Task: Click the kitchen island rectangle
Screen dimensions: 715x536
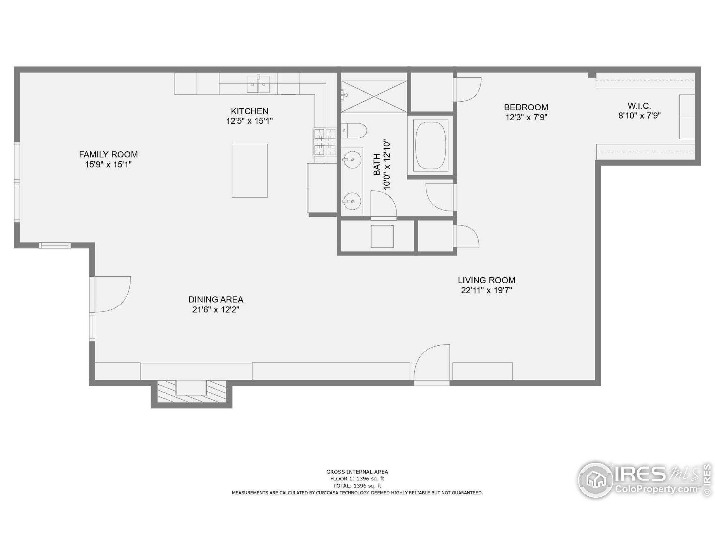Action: tap(249, 171)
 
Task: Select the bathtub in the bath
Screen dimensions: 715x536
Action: tap(431, 146)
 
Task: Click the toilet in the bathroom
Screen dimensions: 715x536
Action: tap(354, 131)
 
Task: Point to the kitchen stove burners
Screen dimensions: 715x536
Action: tap(325, 142)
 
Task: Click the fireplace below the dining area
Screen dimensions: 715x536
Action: tap(191, 391)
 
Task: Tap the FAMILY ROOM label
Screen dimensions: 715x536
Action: tap(108, 154)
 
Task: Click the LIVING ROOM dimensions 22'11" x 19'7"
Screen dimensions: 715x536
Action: tap(487, 290)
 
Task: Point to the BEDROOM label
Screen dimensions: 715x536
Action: tap(526, 107)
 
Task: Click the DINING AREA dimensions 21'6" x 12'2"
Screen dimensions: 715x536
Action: tap(216, 310)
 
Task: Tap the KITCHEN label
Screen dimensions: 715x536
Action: tap(249, 111)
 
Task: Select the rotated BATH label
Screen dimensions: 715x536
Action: tap(377, 164)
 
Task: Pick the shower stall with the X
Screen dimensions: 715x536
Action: tap(374, 96)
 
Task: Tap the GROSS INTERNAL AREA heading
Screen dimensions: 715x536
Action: tap(357, 472)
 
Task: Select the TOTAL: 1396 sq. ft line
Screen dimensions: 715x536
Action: tap(357, 485)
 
